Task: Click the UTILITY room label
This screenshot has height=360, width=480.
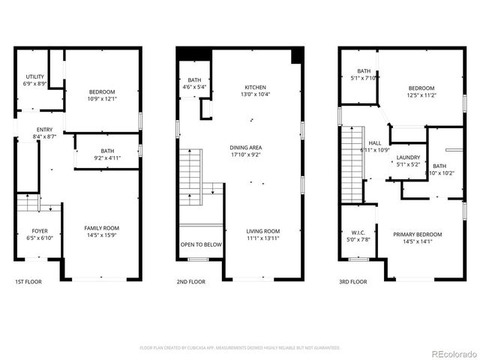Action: [x=35, y=76]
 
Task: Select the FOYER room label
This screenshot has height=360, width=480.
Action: [x=40, y=229]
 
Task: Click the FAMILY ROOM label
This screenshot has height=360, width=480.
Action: [x=101, y=228]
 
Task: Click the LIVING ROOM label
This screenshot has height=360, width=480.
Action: [x=263, y=231]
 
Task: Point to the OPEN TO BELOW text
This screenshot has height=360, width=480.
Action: [x=200, y=244]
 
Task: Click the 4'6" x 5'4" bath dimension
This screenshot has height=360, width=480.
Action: [x=194, y=87]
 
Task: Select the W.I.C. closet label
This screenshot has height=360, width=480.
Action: [x=358, y=232]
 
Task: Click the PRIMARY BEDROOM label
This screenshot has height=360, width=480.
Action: [x=418, y=235]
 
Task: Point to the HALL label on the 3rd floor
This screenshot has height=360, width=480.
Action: [x=375, y=142]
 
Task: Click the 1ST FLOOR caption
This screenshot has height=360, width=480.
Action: [x=28, y=282]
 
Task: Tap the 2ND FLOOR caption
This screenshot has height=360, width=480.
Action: [x=191, y=282]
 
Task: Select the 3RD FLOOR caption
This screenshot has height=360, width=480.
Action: [x=352, y=282]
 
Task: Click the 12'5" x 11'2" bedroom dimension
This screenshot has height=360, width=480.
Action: [x=422, y=95]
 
